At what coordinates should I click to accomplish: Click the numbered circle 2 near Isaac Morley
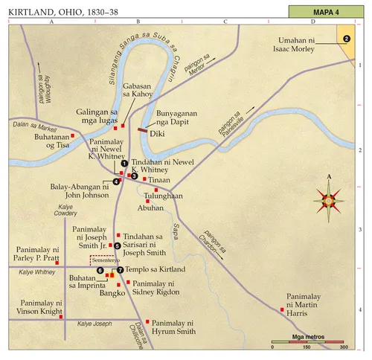click(x=345, y=39)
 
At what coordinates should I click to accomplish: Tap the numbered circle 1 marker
click(x=125, y=164)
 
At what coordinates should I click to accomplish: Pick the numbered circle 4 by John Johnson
click(x=117, y=181)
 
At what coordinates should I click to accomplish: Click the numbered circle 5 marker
click(x=117, y=245)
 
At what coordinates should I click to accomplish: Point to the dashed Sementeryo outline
click(x=101, y=260)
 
